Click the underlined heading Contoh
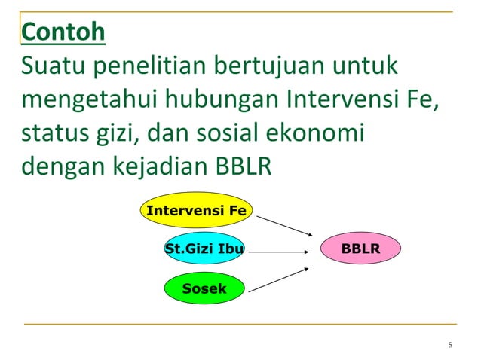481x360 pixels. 63,33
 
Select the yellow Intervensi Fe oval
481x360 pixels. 196,210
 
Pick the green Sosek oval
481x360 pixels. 204,288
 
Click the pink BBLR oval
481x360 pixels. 360,248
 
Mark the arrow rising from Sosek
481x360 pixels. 277,279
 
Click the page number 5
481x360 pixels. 450,346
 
